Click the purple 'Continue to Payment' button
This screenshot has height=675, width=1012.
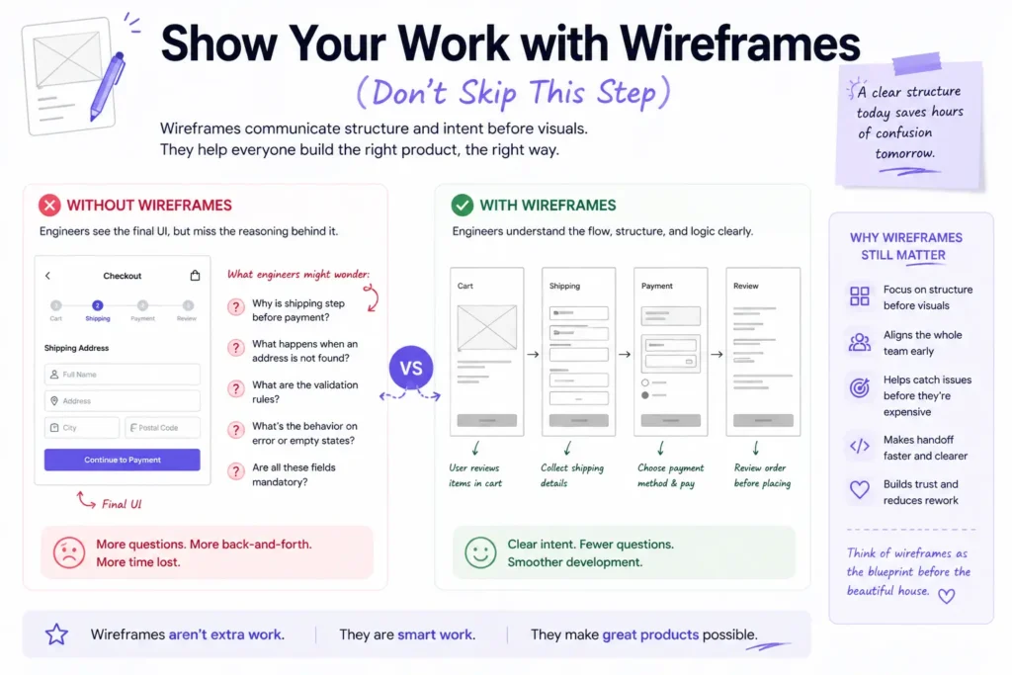pyautogui.click(x=122, y=460)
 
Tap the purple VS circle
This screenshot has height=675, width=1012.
pyautogui.click(x=410, y=368)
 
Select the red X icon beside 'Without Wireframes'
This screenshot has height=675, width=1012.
pyautogui.click(x=49, y=206)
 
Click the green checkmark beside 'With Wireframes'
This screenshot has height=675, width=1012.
pyautogui.click(x=462, y=206)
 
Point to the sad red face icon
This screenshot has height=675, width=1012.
pyautogui.click(x=68, y=552)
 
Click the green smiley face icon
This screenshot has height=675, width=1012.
pyautogui.click(x=480, y=552)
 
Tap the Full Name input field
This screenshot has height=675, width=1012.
pyautogui.click(x=122, y=375)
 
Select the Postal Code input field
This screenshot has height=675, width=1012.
pyautogui.click(x=162, y=428)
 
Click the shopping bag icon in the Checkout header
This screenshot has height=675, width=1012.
pyautogui.click(x=195, y=276)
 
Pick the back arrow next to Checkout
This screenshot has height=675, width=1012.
pyautogui.click(x=47, y=276)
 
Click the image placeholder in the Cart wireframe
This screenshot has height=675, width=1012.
pyautogui.click(x=486, y=328)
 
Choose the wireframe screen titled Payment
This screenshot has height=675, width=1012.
pyautogui.click(x=670, y=351)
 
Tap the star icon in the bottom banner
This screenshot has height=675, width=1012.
pyautogui.click(x=56, y=634)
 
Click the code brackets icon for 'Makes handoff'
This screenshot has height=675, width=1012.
pyautogui.click(x=860, y=447)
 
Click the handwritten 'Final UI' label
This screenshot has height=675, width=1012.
pyautogui.click(x=122, y=504)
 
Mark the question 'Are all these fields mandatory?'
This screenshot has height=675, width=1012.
pyautogui.click(x=294, y=474)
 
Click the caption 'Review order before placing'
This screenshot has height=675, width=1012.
pyautogui.click(x=762, y=475)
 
